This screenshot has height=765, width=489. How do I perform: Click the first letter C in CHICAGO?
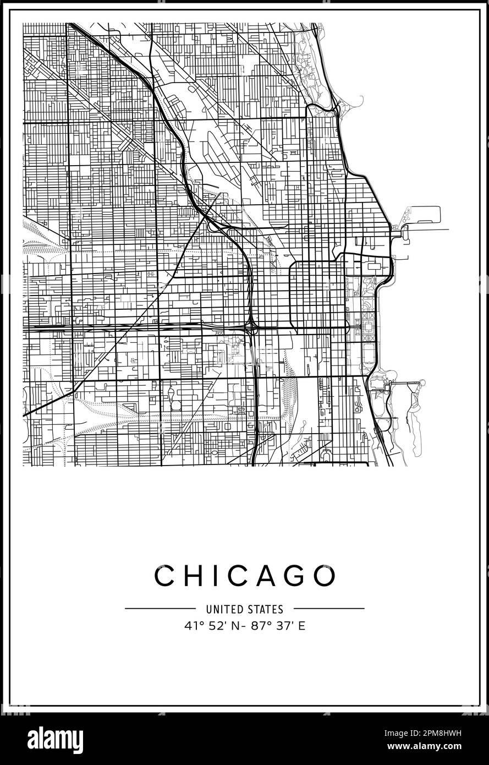click(x=165, y=576)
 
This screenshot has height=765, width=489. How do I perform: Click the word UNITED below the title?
click(x=222, y=609)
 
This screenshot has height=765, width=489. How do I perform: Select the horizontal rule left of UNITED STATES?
click(x=160, y=609)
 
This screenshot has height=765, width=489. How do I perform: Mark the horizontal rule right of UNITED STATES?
click(x=328, y=609)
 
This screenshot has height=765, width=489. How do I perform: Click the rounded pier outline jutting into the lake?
click(x=424, y=214)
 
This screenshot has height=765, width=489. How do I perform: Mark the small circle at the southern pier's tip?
click(x=422, y=382)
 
